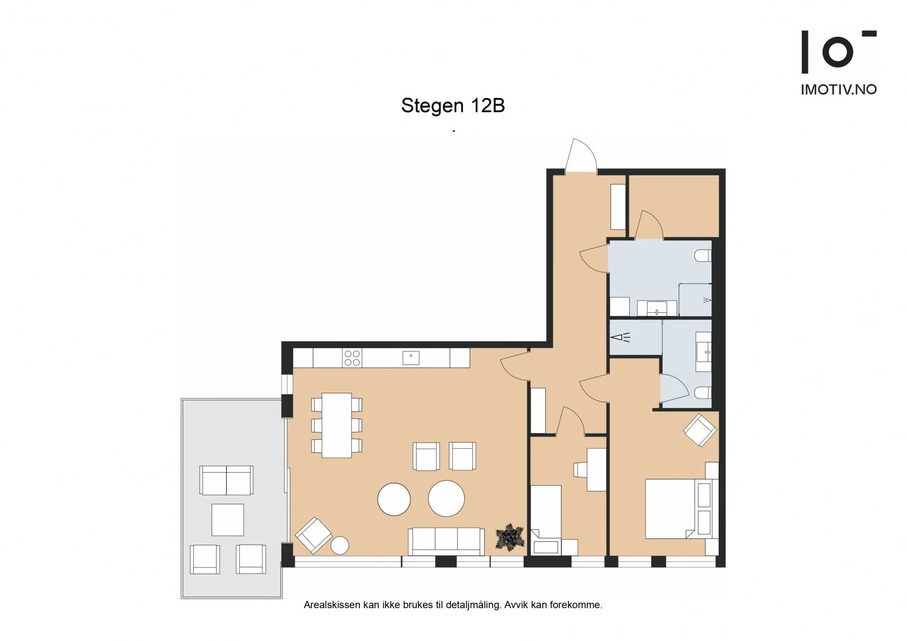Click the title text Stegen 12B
(x=453, y=105)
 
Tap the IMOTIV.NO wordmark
(x=838, y=90)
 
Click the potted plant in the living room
(x=510, y=537)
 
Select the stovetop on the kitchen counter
(x=352, y=358)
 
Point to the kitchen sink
(x=410, y=358)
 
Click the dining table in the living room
(x=337, y=425)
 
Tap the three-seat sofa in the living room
(x=446, y=541)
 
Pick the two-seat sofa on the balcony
(x=226, y=480)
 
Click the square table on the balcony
(x=227, y=520)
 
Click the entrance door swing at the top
(x=581, y=156)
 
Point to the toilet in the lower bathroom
(x=703, y=392)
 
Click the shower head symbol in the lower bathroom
(x=621, y=337)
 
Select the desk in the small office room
(x=596, y=470)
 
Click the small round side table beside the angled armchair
(x=340, y=545)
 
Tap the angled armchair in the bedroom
(x=700, y=430)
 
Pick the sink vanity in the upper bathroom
(x=657, y=308)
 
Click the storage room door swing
(x=649, y=224)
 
